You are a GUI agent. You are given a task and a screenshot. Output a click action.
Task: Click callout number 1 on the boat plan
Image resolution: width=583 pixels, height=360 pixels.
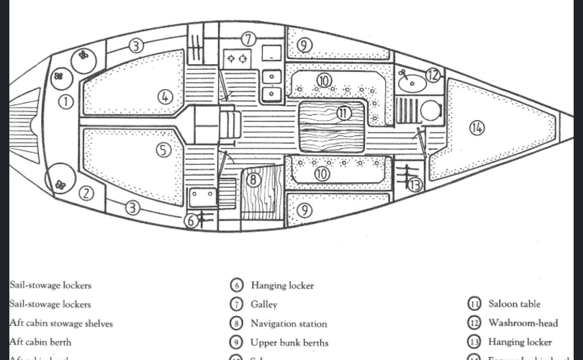[65, 102]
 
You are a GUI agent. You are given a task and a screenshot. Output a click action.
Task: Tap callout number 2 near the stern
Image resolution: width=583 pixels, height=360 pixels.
[86, 192]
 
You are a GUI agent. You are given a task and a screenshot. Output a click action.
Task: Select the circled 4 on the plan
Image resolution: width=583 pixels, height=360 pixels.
[166, 96]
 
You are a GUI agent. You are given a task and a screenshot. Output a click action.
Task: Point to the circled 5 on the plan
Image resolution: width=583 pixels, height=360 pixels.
[163, 150]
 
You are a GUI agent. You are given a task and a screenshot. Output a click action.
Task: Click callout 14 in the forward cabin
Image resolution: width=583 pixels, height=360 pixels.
[476, 127]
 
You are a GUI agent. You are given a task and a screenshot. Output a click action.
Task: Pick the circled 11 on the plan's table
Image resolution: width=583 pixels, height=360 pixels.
[343, 112]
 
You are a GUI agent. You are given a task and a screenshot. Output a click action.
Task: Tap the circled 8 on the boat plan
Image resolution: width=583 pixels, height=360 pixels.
[253, 179]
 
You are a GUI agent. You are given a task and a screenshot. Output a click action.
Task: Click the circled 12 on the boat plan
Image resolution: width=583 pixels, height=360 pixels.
[432, 74]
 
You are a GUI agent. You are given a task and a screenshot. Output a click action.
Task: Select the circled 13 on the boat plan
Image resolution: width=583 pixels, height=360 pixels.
[414, 185]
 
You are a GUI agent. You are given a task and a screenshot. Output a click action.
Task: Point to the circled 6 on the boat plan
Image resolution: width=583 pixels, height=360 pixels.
[191, 221]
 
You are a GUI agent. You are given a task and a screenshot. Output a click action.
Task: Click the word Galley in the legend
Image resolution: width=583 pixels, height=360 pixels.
[263, 305]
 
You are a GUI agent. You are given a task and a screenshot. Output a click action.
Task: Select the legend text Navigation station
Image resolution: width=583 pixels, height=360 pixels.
[289, 324]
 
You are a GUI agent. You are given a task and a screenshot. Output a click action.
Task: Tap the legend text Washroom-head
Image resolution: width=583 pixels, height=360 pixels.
[523, 323]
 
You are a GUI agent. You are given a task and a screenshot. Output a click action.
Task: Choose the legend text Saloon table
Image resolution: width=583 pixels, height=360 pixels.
[514, 305]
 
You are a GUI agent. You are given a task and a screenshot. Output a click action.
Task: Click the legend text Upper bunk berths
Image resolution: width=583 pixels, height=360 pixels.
[289, 343]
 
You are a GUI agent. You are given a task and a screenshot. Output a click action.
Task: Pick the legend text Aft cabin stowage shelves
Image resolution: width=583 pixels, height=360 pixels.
[60, 324]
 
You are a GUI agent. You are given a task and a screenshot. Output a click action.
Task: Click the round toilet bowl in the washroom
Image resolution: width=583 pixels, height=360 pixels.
[430, 110]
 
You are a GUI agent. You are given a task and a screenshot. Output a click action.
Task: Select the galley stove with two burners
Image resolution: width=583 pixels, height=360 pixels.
[238, 57]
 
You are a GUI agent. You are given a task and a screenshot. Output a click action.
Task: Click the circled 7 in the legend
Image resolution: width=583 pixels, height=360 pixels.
[237, 305]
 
